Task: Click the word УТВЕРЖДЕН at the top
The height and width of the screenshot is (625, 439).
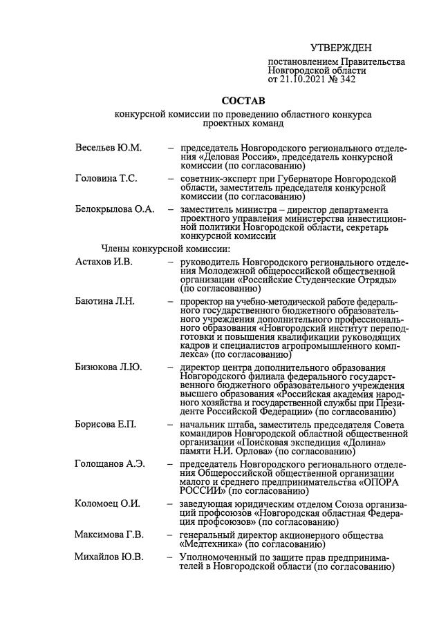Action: tap(341, 48)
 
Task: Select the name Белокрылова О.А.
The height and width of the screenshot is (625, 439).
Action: tap(114, 209)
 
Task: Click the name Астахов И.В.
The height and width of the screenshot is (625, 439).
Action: tap(103, 262)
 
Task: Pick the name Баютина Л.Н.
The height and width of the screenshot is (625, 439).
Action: tap(104, 301)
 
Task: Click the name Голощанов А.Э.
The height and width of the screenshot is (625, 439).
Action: tap(109, 463)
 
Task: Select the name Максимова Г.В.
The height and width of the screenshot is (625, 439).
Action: tap(109, 534)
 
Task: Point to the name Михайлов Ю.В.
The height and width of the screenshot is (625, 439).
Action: tap(109, 557)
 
